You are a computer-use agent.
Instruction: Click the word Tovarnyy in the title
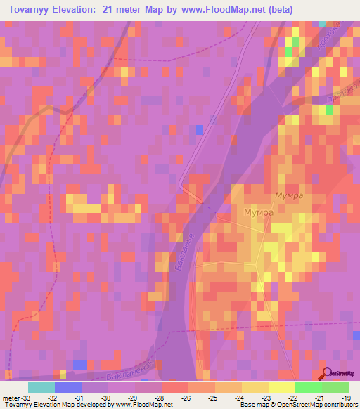tap(28, 9)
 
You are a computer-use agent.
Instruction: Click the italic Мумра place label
tap(288, 196)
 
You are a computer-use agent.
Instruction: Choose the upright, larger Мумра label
tap(258, 212)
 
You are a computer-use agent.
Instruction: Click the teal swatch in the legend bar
tap(41, 387)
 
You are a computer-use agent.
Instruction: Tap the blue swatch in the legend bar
tap(67, 387)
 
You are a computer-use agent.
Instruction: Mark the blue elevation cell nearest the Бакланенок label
tap(80, 363)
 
